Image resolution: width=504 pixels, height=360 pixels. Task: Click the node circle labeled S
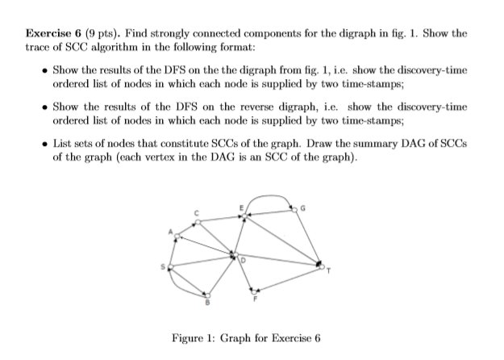click(169, 269)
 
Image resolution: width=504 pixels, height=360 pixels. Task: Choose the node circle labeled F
click(256, 291)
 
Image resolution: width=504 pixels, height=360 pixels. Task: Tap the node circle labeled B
click(206, 296)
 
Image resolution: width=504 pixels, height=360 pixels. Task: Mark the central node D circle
click(234, 257)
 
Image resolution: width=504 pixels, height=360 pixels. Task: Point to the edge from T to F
click(288, 278)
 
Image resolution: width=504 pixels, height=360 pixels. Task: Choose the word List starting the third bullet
click(64, 143)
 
